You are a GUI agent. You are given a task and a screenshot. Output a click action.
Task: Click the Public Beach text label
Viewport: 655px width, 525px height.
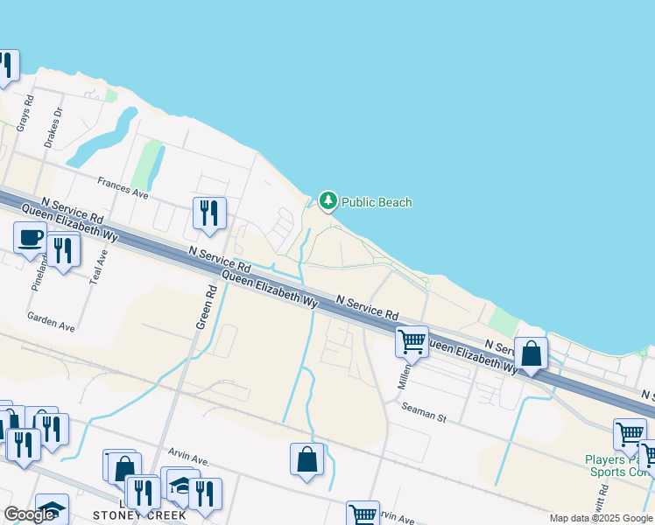(377, 202)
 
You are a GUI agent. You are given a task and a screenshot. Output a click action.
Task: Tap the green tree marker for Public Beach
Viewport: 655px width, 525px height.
(328, 201)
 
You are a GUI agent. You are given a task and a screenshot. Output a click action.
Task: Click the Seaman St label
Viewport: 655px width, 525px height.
(424, 413)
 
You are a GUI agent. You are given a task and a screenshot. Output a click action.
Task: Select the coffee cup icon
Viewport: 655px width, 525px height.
(31, 238)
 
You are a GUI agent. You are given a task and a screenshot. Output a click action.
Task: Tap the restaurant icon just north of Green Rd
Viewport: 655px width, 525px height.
(209, 213)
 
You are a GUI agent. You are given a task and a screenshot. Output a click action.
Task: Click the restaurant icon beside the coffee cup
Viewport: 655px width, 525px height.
(63, 249)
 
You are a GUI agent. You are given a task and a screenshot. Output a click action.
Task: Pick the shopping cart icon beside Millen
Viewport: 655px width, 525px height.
(412, 341)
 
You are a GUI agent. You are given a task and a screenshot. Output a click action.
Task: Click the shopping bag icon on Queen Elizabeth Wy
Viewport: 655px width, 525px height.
(531, 353)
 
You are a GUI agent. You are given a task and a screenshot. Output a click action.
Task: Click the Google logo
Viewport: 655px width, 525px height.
(29, 514)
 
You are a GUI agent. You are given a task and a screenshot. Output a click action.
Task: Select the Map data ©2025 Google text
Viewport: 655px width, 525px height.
(601, 518)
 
